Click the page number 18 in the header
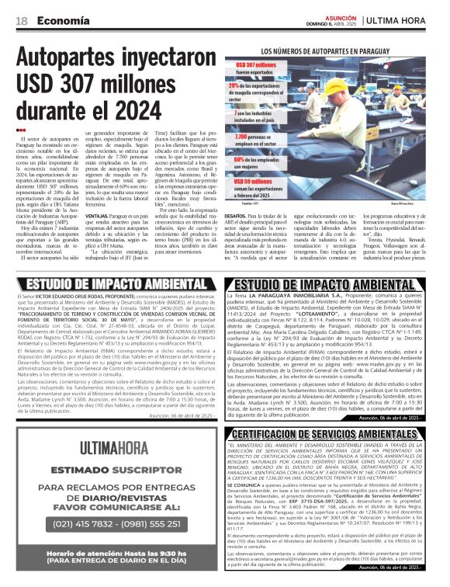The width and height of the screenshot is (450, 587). [x=22, y=21]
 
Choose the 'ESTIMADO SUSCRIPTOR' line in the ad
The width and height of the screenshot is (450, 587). [x=116, y=469]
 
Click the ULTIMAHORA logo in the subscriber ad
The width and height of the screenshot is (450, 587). [x=116, y=446]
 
